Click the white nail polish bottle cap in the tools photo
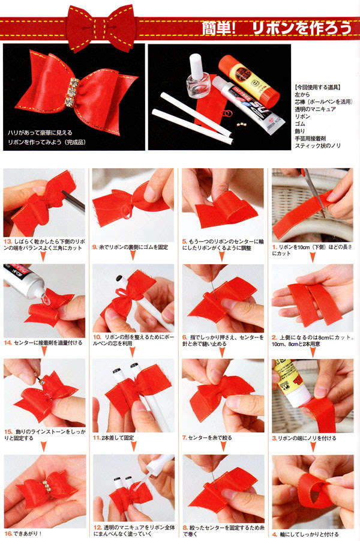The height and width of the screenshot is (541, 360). (x=196, y=66)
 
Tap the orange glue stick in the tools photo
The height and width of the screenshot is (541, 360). (x=248, y=80)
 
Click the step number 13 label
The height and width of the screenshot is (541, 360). (x=8, y=241)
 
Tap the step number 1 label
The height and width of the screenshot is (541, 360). (x=274, y=247)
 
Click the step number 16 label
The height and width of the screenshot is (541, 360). (x=8, y=533)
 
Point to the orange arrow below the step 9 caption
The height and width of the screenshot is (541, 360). (x=133, y=256)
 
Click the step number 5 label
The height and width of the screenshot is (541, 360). (x=185, y=241)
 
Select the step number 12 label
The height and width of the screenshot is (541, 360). (x=97, y=528)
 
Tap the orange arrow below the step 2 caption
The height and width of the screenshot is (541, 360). (x=313, y=352)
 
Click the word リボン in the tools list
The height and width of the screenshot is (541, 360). (x=302, y=116)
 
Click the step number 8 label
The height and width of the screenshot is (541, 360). (x=185, y=528)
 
